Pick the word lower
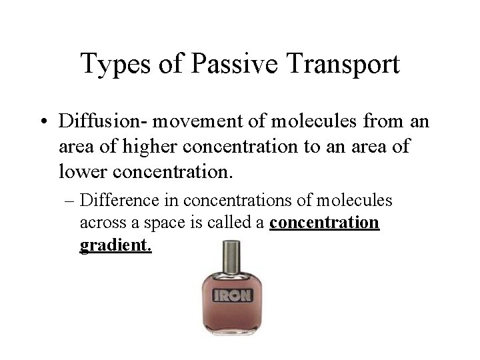[83, 171]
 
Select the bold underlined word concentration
[325, 223]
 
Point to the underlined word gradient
[115, 246]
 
